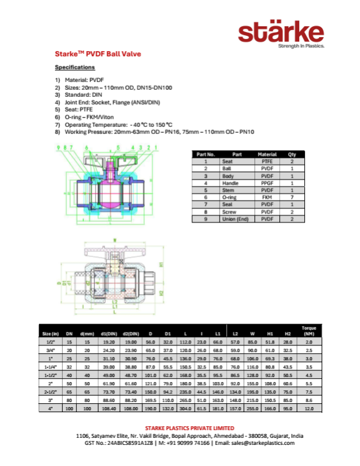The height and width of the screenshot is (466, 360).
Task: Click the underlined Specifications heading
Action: pos(75,67)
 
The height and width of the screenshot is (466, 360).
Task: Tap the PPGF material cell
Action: pos(266,183)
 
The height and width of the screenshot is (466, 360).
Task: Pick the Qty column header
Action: pos(293,154)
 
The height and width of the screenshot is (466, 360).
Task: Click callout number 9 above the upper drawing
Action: pos(58,147)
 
